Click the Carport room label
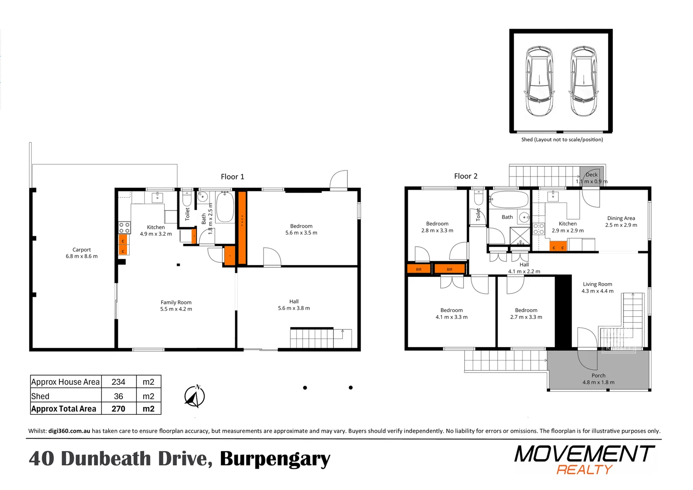(x=82, y=253)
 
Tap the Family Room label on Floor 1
(x=176, y=305)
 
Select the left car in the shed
(x=539, y=81)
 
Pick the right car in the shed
(x=583, y=81)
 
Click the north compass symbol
(x=195, y=396)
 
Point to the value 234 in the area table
(x=118, y=382)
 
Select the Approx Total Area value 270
(x=118, y=409)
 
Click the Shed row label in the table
(x=40, y=396)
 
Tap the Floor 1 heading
(x=232, y=177)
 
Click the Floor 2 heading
(x=466, y=176)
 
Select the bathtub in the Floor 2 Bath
(x=509, y=200)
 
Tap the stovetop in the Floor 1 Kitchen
(x=125, y=228)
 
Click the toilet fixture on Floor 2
(x=478, y=198)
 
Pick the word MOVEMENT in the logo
(x=584, y=454)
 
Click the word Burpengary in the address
(x=275, y=459)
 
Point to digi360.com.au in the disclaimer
(x=69, y=431)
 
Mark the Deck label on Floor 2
(x=591, y=175)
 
